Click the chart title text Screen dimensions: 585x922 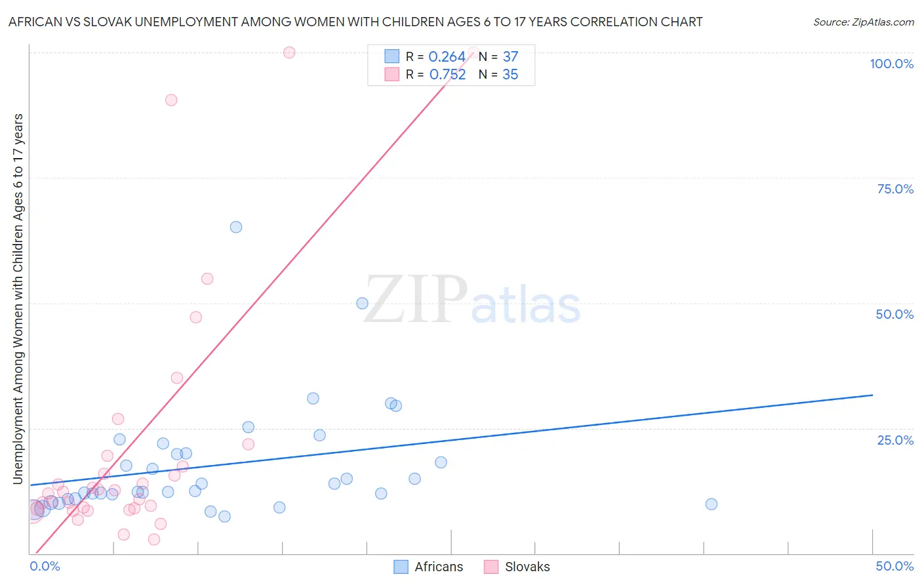(x=355, y=22)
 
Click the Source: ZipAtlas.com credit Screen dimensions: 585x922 (x=863, y=22)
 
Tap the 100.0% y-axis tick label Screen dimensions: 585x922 (x=891, y=64)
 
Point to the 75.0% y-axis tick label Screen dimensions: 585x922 (x=895, y=189)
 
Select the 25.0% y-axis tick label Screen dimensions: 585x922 (x=895, y=439)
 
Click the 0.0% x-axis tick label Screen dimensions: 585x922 (x=45, y=566)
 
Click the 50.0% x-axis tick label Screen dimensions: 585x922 (x=894, y=566)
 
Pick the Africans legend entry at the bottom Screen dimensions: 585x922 (x=428, y=567)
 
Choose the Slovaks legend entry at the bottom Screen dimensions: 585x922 (x=517, y=567)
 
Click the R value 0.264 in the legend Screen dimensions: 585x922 (x=447, y=57)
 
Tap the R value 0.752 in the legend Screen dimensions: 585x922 (x=447, y=75)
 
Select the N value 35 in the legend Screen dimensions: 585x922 (x=510, y=75)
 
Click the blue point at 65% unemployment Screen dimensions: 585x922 (x=236, y=227)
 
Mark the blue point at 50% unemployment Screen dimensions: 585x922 (x=362, y=303)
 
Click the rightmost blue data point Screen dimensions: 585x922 (x=712, y=504)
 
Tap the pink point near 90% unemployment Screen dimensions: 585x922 (x=171, y=100)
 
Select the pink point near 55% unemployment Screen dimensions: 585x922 (x=207, y=279)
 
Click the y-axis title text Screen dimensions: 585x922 (x=18, y=299)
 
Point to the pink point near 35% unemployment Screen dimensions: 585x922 (x=177, y=378)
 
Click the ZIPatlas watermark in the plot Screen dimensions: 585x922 (x=471, y=300)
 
